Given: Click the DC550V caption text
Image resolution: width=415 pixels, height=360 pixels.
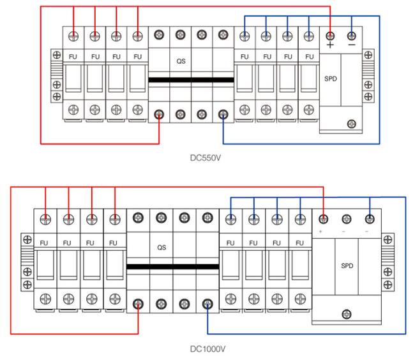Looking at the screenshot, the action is point(206,158).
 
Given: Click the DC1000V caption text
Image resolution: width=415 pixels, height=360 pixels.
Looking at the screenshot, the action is point(207,349).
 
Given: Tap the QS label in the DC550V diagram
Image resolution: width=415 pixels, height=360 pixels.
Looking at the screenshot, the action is point(181,61).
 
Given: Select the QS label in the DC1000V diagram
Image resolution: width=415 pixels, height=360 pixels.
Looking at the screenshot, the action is point(162,248).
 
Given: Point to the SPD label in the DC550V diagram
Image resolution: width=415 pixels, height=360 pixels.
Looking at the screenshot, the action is point(331,79).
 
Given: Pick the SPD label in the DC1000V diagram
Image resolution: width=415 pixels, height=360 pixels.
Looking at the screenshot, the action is point(347,266).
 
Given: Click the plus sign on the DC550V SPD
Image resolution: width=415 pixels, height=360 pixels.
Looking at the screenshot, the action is point(330,45).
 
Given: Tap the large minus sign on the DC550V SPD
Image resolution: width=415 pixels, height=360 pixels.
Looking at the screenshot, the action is point(352,45).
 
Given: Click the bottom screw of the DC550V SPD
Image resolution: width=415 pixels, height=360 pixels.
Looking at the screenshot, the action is point(352,124).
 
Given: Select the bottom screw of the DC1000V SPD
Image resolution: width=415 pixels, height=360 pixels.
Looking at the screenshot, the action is point(347,314).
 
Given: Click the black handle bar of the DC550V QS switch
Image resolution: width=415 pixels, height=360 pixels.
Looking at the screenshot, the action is point(191,80).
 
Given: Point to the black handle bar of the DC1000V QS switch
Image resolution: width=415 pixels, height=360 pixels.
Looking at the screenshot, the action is point(173,266).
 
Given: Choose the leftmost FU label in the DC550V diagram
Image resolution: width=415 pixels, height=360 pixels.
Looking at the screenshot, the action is point(73,57).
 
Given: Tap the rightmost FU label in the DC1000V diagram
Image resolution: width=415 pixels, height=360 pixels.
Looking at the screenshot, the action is point(299,243).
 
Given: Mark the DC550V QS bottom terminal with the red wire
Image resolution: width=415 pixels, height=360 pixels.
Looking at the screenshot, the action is point(159,114).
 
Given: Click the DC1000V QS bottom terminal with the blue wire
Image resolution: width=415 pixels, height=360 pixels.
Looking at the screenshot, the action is point(207,304).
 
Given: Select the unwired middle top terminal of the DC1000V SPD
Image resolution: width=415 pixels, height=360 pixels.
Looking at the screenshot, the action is point(347,219).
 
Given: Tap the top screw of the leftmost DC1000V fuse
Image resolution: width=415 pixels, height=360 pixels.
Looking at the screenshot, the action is point(45,220).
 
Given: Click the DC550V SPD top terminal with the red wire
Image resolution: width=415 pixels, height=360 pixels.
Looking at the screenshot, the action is point(330,36).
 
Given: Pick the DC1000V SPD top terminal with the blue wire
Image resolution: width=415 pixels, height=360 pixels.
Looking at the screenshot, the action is point(370,219).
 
